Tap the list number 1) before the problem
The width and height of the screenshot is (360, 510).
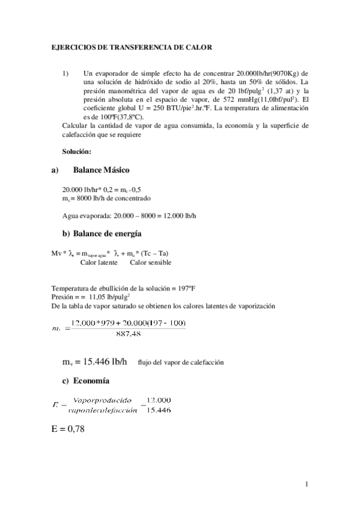coord(66,73)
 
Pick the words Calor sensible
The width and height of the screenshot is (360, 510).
coord(151,262)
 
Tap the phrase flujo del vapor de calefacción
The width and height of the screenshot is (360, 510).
coord(180,363)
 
